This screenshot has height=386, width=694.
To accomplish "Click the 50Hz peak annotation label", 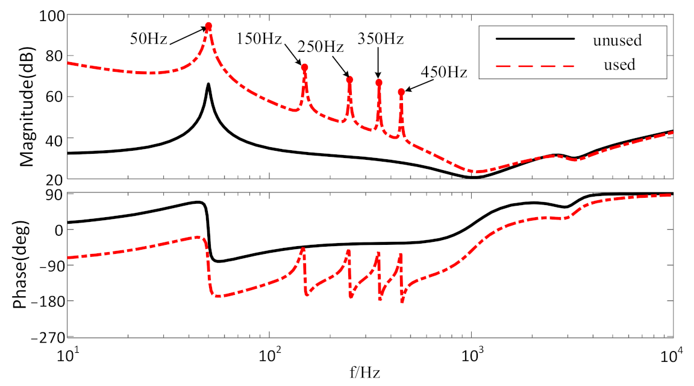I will pos(149,39).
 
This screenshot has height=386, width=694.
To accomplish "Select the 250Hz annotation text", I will pos(322,47).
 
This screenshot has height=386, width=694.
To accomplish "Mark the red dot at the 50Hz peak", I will pos(208,26).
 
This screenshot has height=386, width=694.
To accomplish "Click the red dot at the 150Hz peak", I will pos(304,67).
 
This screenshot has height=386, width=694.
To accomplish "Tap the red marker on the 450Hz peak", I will pos(401,92).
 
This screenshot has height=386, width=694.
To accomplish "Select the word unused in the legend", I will pos(616,41).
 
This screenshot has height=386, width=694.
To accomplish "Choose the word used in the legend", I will pos(619,64).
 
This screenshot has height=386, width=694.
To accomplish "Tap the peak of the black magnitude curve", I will pos(208,84).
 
